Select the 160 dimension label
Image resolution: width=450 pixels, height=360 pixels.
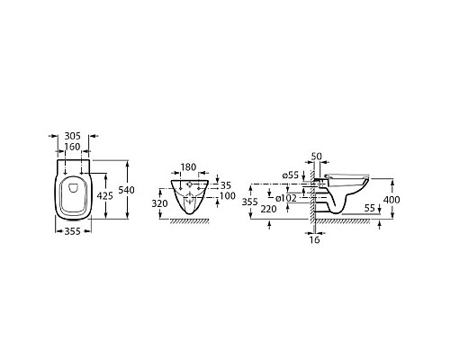pos(74,147)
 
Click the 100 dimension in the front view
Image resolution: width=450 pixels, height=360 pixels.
pos(228,195)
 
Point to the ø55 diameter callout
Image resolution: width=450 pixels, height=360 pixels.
pos(290,175)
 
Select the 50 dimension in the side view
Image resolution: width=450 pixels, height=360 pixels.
pos(316,157)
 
